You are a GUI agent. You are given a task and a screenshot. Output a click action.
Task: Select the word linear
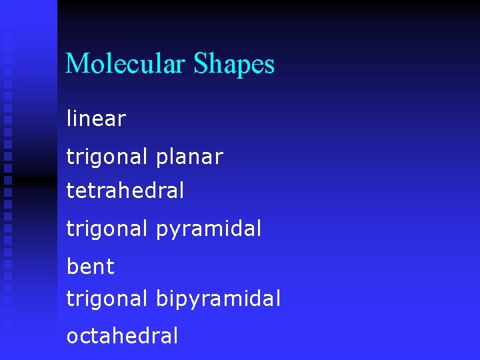point(96,119)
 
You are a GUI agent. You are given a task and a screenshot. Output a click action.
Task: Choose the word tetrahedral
point(125,191)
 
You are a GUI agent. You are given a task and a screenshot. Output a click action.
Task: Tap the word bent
point(91,267)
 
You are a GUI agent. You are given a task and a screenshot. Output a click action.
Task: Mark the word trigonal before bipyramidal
point(107,299)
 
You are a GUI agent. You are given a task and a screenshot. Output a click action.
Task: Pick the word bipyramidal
point(218,299)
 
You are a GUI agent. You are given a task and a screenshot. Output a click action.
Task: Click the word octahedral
point(122,335)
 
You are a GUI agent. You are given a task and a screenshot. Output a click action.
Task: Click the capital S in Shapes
point(201,64)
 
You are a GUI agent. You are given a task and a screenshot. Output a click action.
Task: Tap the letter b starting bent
point(71,267)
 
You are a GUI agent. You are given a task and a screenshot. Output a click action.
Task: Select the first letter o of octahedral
point(71,337)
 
